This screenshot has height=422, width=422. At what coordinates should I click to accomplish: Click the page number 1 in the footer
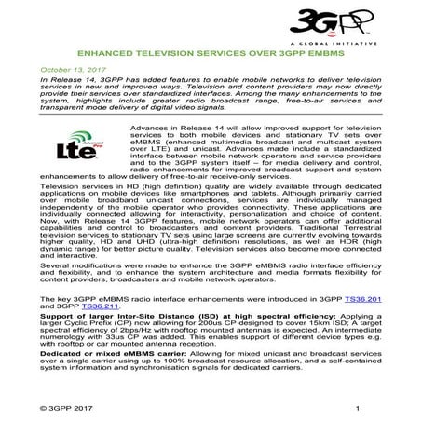(x=357, y=408)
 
